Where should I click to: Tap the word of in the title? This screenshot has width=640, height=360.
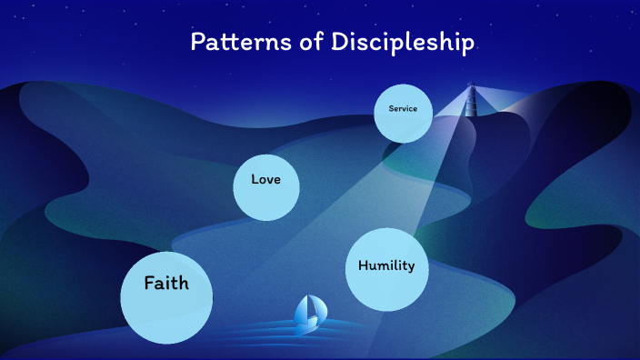[295, 43]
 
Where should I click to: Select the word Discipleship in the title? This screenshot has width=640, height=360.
[394, 43]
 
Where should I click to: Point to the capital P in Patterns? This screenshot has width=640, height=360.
[196, 42]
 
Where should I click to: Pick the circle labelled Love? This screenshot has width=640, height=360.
[266, 186]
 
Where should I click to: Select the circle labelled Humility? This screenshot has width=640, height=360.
[386, 269]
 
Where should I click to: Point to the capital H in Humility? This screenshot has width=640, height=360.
[363, 265]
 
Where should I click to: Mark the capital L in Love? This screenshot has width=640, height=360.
[255, 179]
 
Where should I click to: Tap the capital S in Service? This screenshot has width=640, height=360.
[390, 109]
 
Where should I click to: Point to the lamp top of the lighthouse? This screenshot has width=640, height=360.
[471, 87]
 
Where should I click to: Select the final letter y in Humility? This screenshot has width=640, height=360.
[411, 267]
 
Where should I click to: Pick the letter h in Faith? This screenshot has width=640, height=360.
[184, 283]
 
